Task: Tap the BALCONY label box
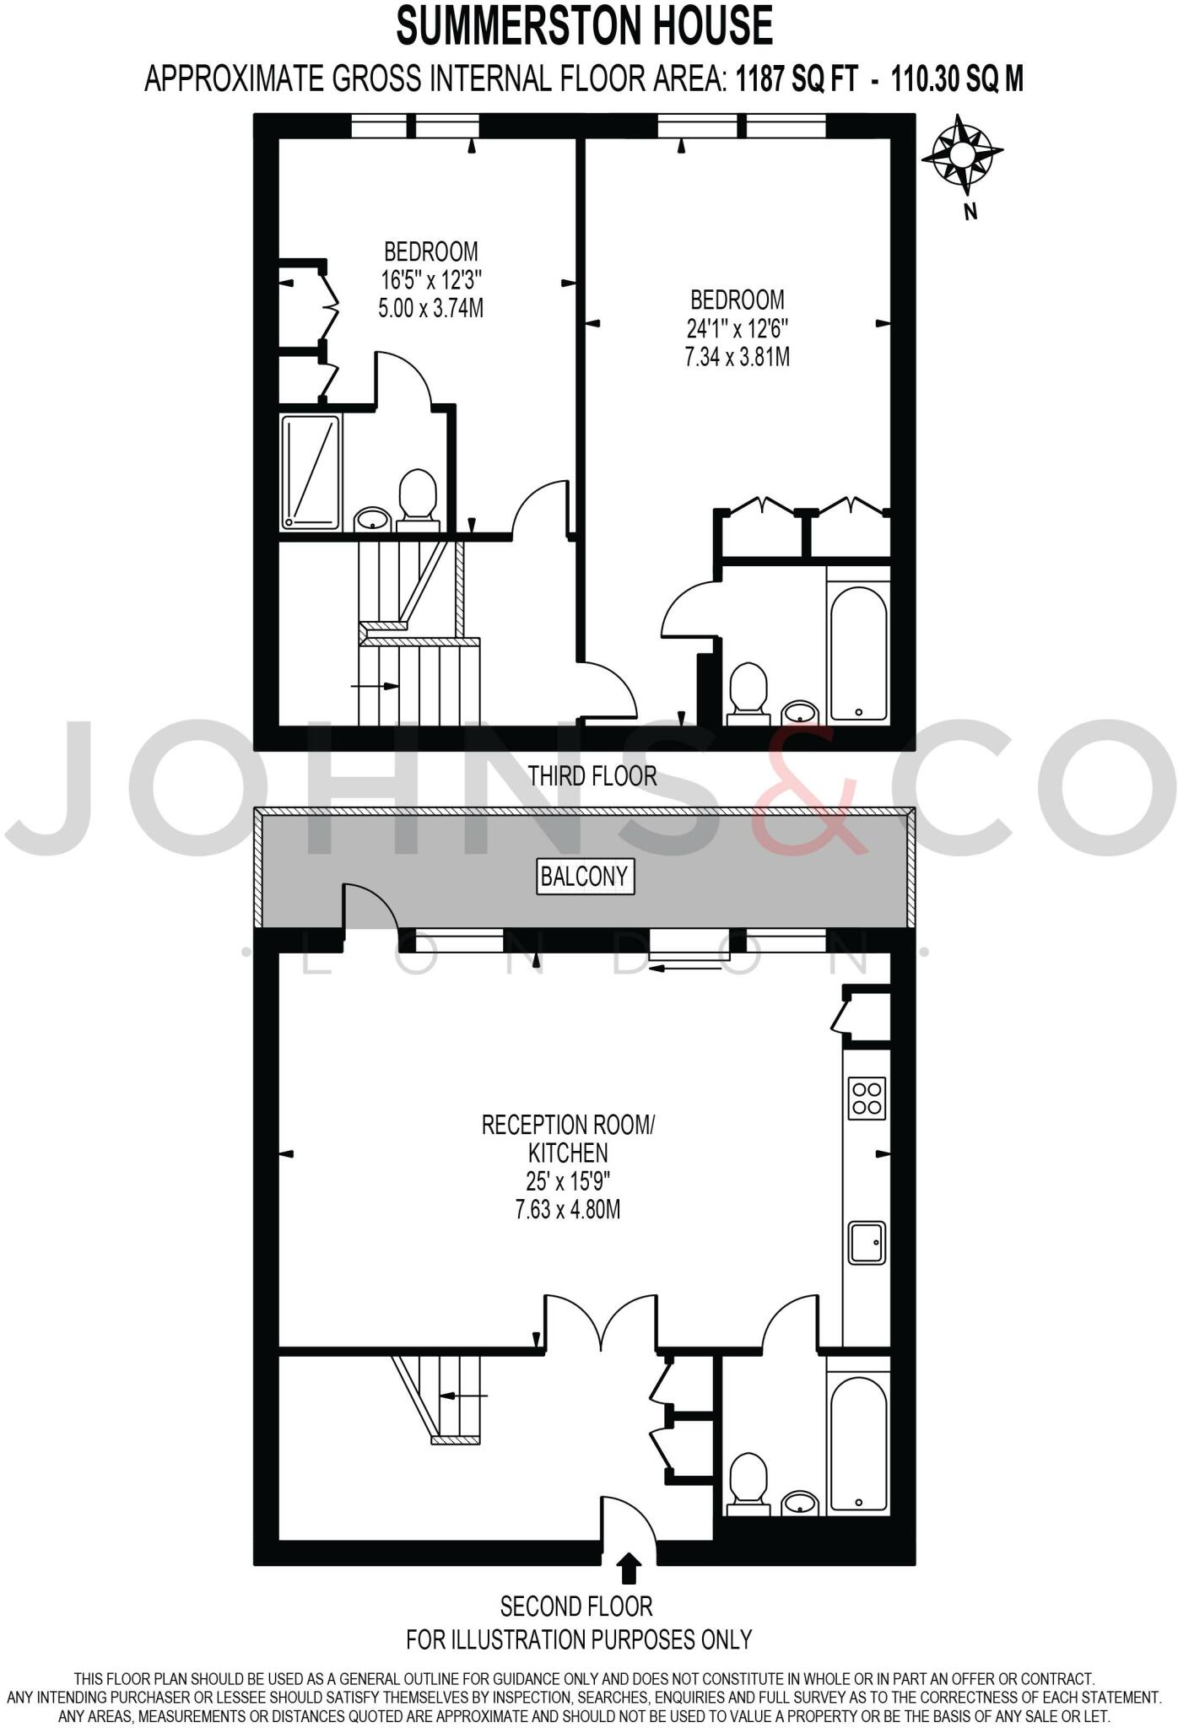pyautogui.click(x=586, y=877)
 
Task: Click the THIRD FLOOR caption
pyautogui.click(x=592, y=776)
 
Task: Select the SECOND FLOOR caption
pyautogui.click(x=576, y=1606)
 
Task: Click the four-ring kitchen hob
pyautogui.click(x=867, y=1098)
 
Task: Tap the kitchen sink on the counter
pyautogui.click(x=867, y=1243)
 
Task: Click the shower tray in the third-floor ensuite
pyautogui.click(x=311, y=472)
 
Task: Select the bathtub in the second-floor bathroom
pyautogui.click(x=858, y=1441)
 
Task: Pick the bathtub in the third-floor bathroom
pyautogui.click(x=858, y=645)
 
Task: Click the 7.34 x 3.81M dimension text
pyautogui.click(x=737, y=357)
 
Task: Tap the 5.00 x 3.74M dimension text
pyautogui.click(x=430, y=308)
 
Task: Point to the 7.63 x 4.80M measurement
pyautogui.click(x=567, y=1210)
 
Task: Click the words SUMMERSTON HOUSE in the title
pyautogui.click(x=585, y=26)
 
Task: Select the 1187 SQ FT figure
pyautogui.click(x=797, y=79)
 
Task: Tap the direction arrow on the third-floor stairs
pyautogui.click(x=376, y=686)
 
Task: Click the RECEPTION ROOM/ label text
pyautogui.click(x=567, y=1125)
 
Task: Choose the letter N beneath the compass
pyautogui.click(x=970, y=213)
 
